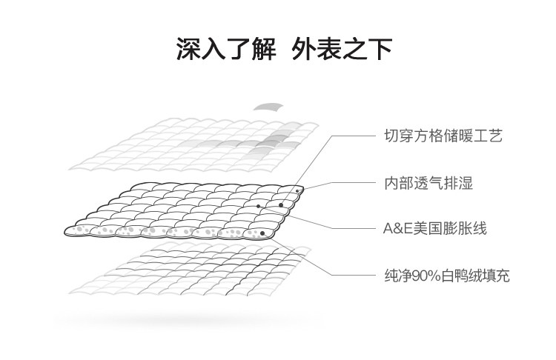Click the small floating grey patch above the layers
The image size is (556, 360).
[x=268, y=107]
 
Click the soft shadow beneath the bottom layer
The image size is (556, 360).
[x=185, y=320]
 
